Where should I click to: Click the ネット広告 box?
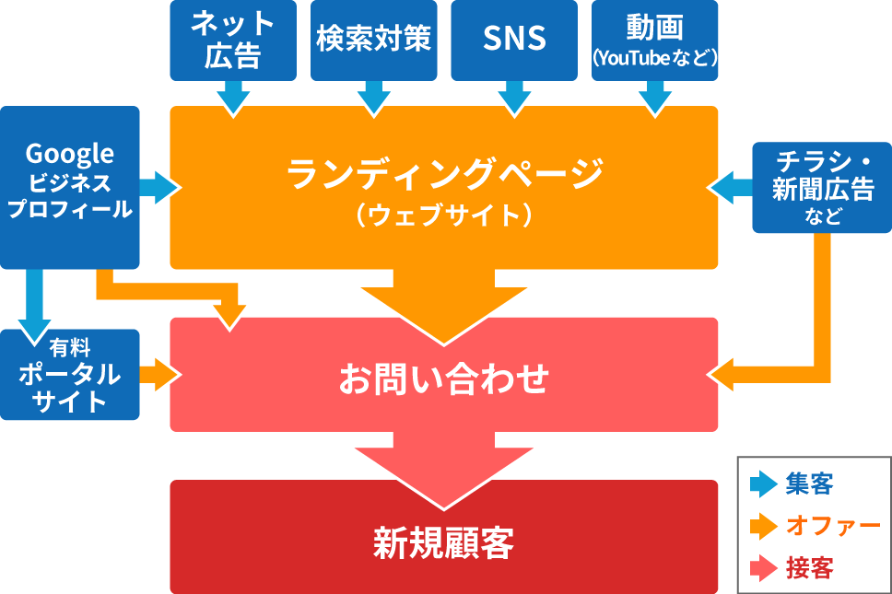[x=233, y=40]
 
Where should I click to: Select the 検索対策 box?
[x=374, y=40]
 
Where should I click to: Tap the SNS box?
[x=514, y=40]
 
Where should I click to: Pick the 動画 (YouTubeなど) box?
[x=654, y=40]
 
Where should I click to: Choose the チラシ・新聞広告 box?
[x=822, y=186]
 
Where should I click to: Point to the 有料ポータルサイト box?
[x=70, y=374]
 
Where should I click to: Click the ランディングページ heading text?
[x=444, y=173]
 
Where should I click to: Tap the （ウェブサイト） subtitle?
[x=444, y=215]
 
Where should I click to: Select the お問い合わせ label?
[x=444, y=379]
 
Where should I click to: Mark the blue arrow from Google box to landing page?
[x=158, y=186]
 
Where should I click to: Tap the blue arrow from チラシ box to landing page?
[x=732, y=186]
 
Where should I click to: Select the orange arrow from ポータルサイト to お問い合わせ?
[x=158, y=374]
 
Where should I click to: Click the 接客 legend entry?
[x=792, y=568]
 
